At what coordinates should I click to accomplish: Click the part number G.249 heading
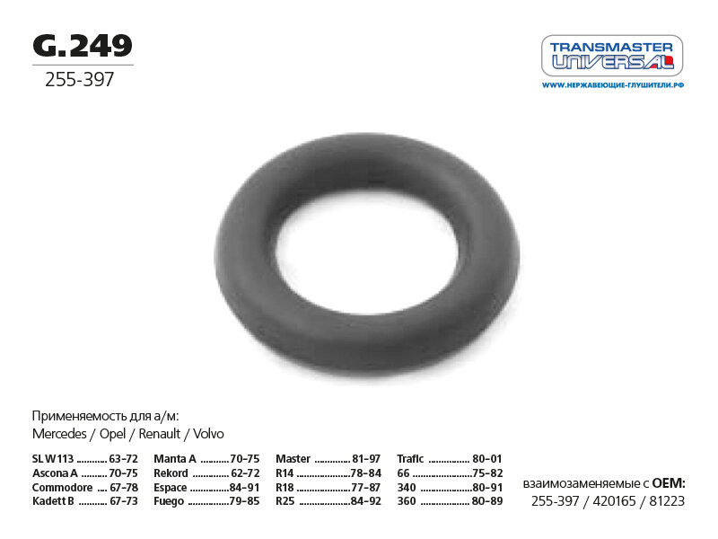pos(83,46)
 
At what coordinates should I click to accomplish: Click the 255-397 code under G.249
pos(79,79)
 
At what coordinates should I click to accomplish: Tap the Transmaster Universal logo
pos(612,56)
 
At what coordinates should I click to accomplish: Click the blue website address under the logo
pos(613,84)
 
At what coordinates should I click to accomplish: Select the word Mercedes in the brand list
pos(59,434)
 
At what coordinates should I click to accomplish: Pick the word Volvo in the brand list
pos(208,434)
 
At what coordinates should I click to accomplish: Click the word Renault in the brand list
pos(160,434)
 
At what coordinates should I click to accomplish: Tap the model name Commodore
pos(62,487)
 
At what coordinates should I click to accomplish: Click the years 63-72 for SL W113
pos(123,459)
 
